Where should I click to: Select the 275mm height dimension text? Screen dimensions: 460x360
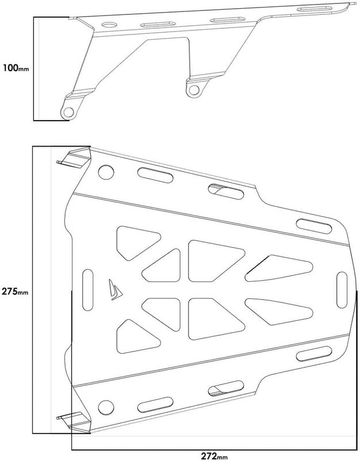[x=15, y=291]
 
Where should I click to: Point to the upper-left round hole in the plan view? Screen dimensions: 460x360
[x=106, y=172]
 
